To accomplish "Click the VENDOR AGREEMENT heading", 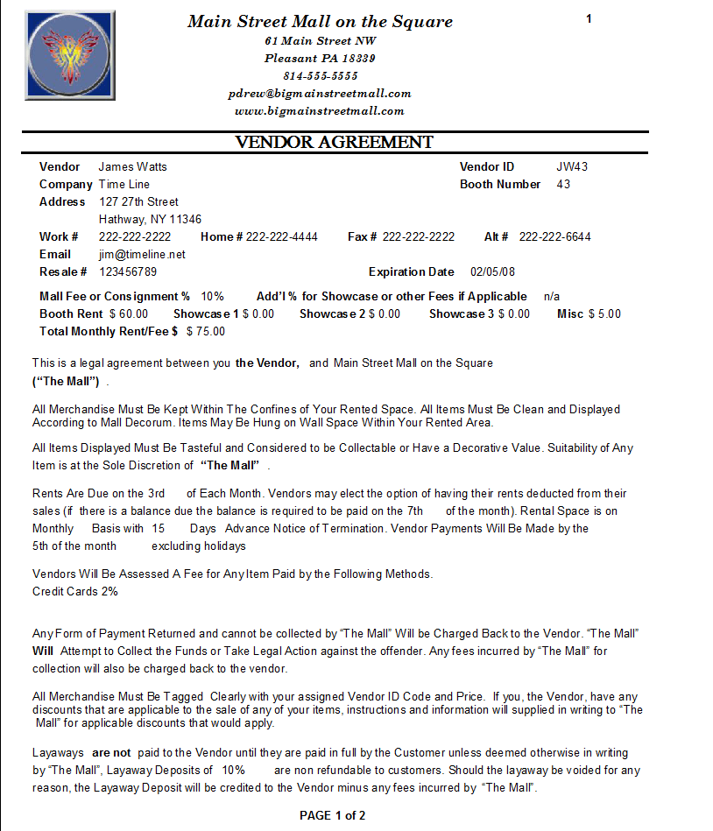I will point(334,143).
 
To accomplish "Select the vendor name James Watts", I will point(132,166).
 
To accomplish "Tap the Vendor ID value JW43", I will point(572,166).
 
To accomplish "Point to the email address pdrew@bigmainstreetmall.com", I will point(320,94).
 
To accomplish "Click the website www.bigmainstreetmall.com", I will point(320,111).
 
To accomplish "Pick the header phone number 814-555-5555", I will point(320,76).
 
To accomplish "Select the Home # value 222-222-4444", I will point(281,236).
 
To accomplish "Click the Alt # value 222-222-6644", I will point(554,236).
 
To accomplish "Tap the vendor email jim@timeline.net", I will point(142,254).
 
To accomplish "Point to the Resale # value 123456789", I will point(128,271).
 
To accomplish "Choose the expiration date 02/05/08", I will point(493,271).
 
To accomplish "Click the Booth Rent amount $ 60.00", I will point(129,313).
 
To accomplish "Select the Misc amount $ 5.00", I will point(604,313).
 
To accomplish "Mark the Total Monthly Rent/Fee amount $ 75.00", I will point(206,331).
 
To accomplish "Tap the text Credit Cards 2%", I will point(75,591).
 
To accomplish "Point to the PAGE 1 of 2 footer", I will point(332,815).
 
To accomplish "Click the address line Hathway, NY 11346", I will point(150,219).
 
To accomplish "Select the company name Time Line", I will point(124,184).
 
